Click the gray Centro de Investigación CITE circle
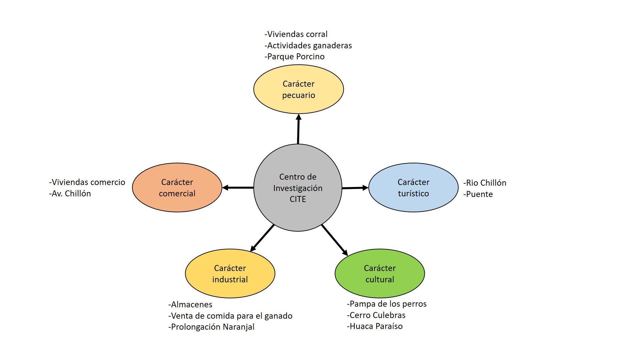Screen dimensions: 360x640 coord(298,188)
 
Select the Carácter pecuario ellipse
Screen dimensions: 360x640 coord(298,89)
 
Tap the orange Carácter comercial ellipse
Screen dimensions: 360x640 coord(177,188)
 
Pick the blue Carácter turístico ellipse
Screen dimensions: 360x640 coord(413,188)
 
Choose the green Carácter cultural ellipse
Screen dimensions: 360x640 coord(380,274)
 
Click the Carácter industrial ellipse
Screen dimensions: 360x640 coord(230,274)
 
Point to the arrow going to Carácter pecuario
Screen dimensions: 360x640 coord(298,129)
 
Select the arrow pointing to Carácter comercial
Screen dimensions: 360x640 coord(238,188)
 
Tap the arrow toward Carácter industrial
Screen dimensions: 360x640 coord(262,237)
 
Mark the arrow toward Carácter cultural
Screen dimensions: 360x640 coord(334,240)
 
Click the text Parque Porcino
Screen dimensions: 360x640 coord(295,57)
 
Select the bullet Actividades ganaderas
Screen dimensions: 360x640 coord(308,46)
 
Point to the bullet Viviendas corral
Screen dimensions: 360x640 coord(296,34)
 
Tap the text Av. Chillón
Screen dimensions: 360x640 coord(70,194)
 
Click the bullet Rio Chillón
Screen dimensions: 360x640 coord(485,183)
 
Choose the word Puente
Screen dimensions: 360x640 coord(478,194)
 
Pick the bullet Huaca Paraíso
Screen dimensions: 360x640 coord(375,326)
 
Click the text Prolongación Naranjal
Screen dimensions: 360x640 coord(212,327)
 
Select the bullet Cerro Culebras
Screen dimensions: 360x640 coord(376,315)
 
